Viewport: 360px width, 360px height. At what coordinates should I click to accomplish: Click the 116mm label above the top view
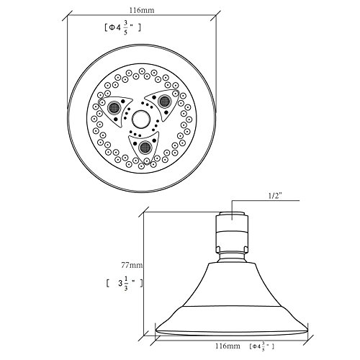[142, 10]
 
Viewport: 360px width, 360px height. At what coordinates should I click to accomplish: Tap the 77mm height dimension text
[132, 265]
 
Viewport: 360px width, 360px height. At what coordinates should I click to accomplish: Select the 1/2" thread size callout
[275, 196]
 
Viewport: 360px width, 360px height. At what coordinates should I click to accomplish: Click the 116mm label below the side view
[228, 346]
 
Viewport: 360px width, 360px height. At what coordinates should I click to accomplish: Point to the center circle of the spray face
[141, 120]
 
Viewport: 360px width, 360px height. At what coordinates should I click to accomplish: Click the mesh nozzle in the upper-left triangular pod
[114, 108]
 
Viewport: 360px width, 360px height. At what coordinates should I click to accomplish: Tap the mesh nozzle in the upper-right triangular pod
[164, 101]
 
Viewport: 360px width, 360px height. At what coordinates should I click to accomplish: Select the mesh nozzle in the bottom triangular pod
[145, 147]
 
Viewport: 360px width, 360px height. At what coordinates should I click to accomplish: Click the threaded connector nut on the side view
[232, 233]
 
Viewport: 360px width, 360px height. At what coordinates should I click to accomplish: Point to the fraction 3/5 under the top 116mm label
[125, 28]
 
